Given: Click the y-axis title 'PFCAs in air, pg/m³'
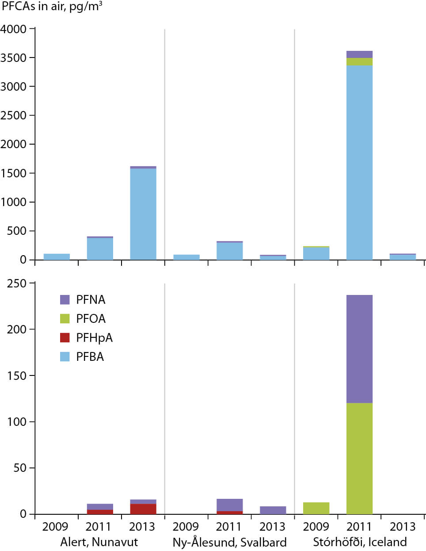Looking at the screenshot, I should (52, 7).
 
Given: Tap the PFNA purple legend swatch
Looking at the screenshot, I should (65, 300).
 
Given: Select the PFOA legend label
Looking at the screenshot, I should (91, 319).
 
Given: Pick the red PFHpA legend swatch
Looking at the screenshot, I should (65, 338).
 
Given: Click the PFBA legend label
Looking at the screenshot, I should (90, 357).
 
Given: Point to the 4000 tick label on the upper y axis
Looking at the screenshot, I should (14, 29).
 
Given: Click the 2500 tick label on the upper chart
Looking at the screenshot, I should (14, 115).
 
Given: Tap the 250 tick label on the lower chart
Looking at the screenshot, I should (17, 283).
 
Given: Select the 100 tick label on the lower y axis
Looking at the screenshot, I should (17, 422).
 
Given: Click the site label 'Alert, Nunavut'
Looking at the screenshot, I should (99, 542).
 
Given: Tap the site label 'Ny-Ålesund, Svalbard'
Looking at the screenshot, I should (229, 543).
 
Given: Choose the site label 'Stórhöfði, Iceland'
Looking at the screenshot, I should (360, 542).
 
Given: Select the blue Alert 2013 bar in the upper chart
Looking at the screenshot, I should (143, 214).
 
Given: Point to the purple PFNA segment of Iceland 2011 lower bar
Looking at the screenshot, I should (359, 349).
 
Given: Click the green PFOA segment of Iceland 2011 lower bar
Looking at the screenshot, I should (359, 458).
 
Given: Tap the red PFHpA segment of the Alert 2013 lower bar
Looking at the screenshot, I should (143, 509).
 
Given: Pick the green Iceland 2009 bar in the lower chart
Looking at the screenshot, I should (316, 508).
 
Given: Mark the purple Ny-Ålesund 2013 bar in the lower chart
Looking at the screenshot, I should (273, 510).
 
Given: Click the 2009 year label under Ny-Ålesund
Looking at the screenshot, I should (186, 527).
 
